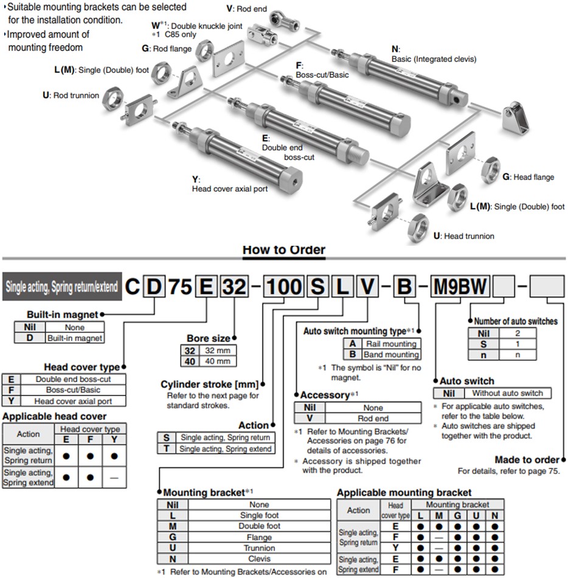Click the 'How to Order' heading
(x=284, y=249)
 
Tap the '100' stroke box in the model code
(x=283, y=286)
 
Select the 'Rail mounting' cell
(x=390, y=344)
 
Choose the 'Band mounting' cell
(x=390, y=354)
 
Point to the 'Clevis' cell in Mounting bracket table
(x=260, y=559)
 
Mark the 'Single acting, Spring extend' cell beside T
(x=224, y=448)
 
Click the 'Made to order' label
(x=527, y=460)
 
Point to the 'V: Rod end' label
(x=247, y=9)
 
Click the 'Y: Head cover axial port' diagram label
(x=229, y=184)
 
